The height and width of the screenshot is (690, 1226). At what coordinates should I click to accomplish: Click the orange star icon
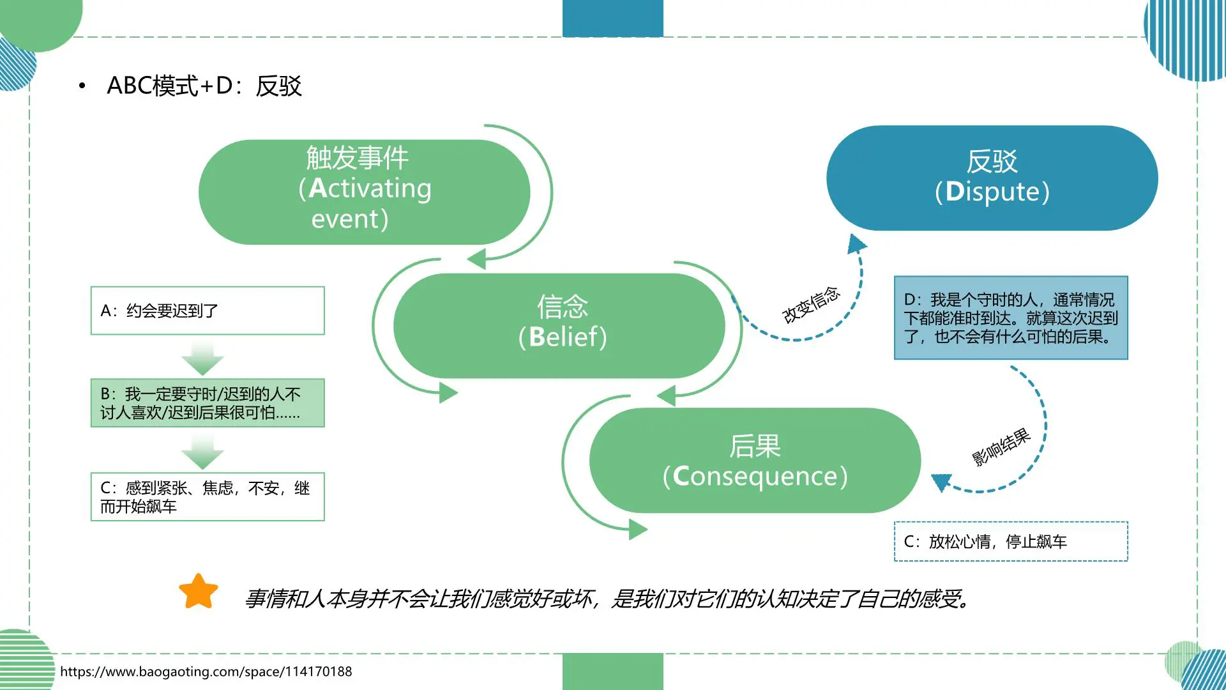coord(199,592)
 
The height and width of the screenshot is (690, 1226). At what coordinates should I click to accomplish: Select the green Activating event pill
coord(364,192)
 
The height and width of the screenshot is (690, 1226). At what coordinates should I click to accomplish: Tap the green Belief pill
coord(559,326)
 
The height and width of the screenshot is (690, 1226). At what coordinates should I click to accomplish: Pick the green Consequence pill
coord(755,461)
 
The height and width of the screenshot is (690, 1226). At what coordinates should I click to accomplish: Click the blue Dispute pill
coord(992,178)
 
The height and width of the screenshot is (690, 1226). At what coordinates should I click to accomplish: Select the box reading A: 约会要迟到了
coord(208,310)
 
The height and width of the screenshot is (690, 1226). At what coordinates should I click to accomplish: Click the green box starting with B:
coord(208,403)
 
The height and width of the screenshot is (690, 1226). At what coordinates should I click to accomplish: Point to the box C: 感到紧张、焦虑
coord(208,497)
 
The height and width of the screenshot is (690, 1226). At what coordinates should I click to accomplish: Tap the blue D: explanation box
coord(1011,318)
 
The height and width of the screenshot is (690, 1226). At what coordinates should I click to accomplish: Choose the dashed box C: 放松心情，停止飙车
coord(1011,542)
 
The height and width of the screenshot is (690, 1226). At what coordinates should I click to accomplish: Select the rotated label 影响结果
coord(1001,447)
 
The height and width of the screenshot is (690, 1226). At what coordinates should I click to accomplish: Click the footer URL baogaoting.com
coord(206,671)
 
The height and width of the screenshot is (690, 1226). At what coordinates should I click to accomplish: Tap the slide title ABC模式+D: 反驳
coord(204,86)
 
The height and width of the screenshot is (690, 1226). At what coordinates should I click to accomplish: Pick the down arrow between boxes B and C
coord(202,452)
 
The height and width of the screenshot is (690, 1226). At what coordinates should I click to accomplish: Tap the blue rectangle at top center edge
coord(612,18)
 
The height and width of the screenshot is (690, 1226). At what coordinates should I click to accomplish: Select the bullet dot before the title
coord(82,86)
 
